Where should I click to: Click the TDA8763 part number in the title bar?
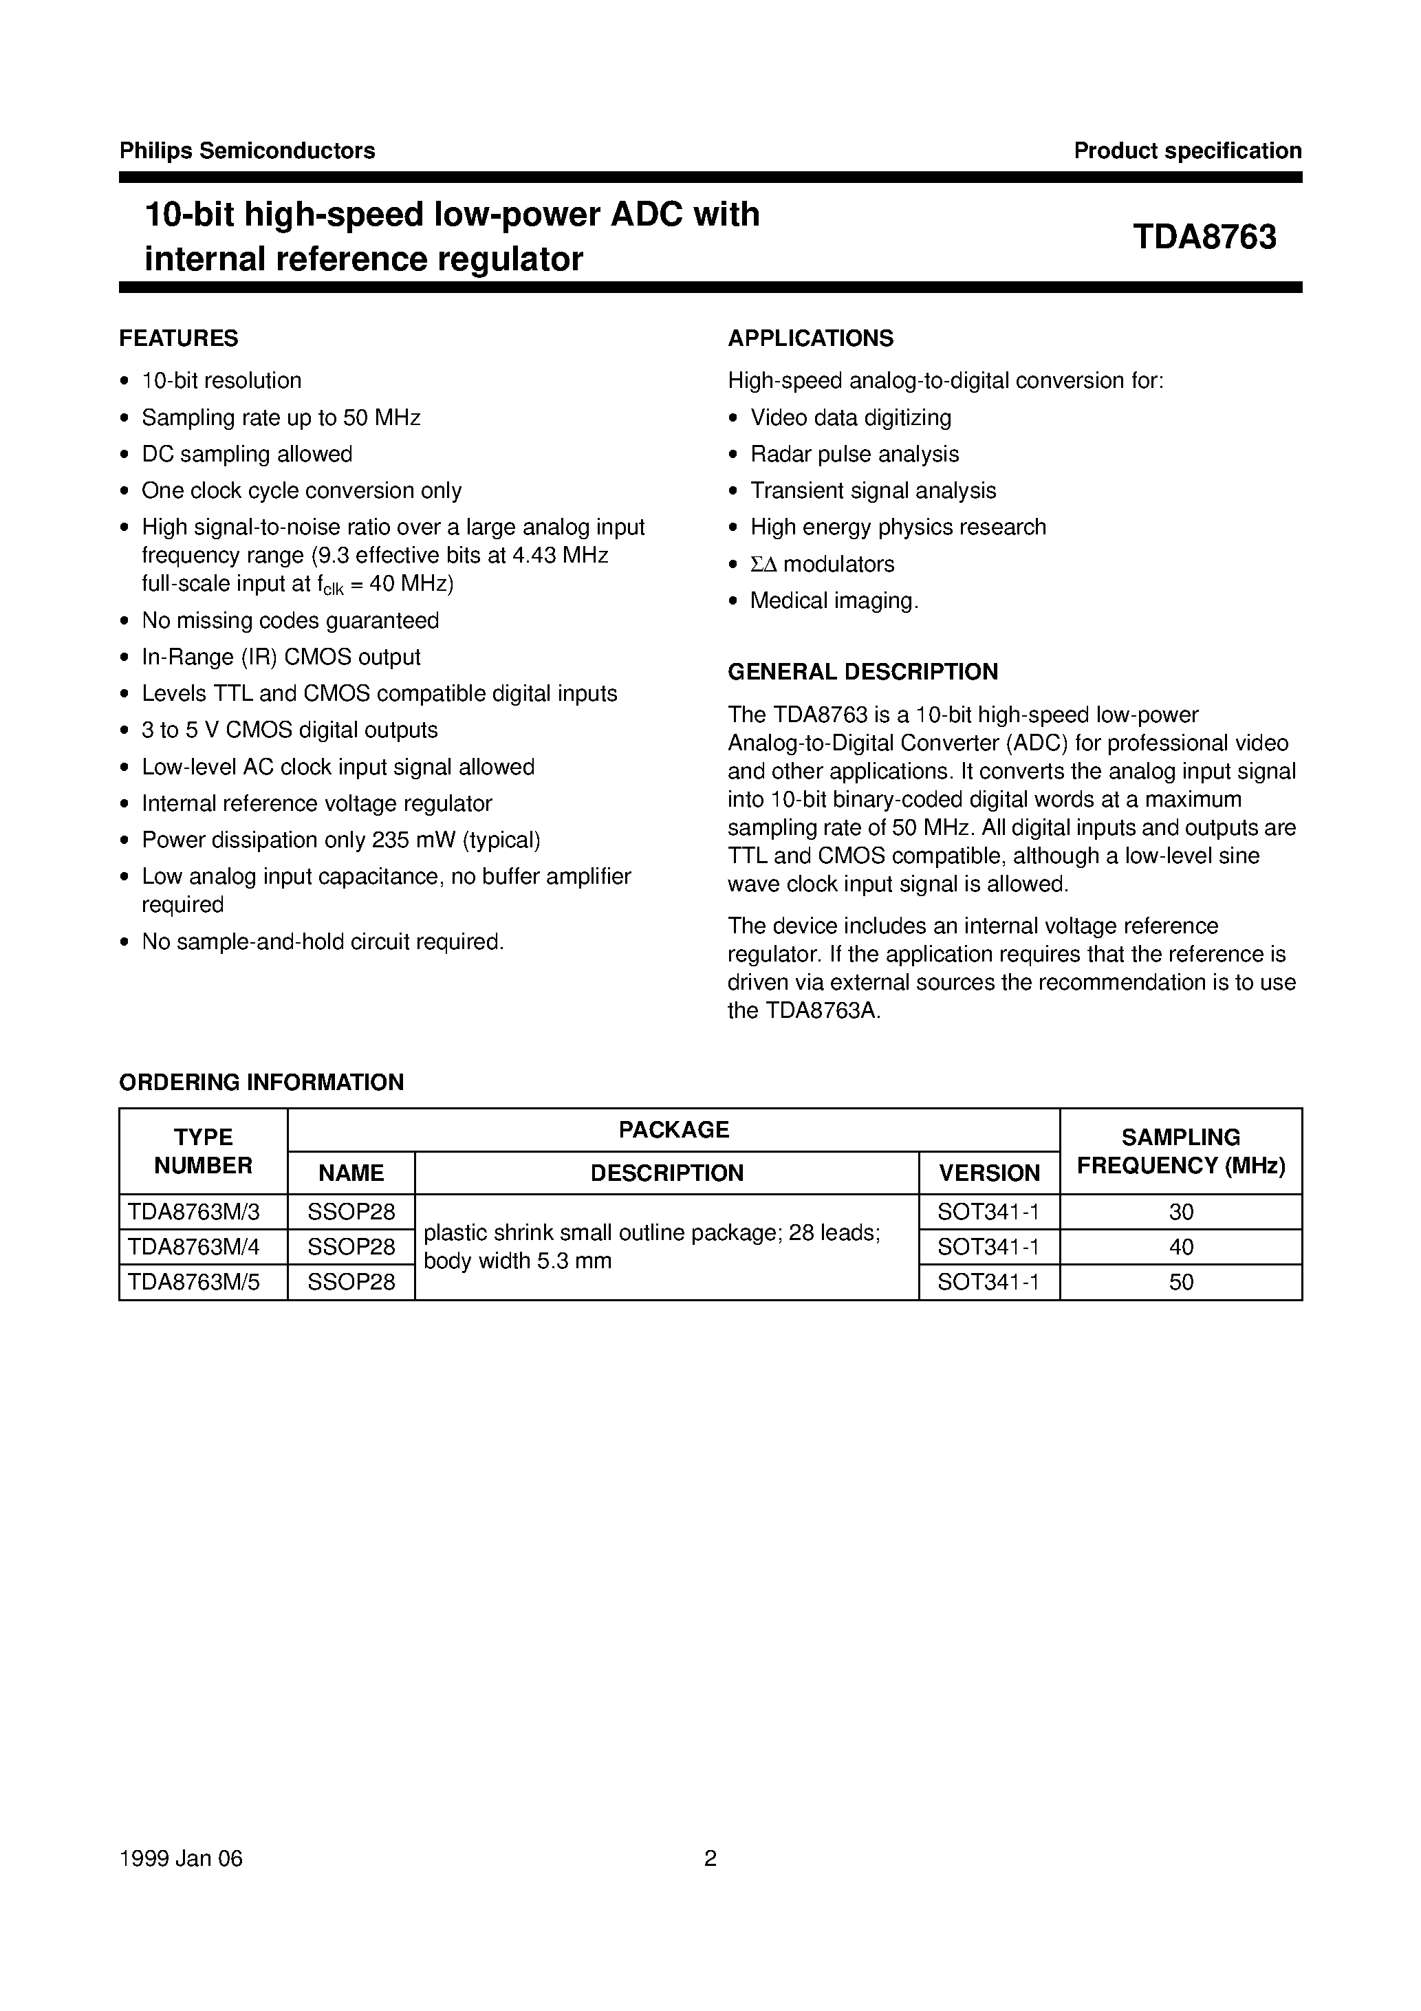(1204, 238)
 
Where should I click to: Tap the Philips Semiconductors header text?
(247, 151)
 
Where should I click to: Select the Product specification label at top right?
(1187, 151)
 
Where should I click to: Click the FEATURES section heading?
(179, 338)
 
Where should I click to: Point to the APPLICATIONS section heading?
(810, 338)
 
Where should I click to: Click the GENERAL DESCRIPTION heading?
(862, 672)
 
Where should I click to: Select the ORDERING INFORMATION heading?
(261, 1083)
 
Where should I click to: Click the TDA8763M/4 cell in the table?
(193, 1246)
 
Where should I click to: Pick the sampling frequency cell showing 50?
(1180, 1282)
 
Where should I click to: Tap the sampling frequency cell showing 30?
(1180, 1213)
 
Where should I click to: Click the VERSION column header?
(989, 1173)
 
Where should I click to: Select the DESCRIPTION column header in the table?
(666, 1173)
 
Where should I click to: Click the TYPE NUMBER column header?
(204, 1151)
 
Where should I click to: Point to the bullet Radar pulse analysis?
(854, 454)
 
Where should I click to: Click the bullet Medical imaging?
(834, 601)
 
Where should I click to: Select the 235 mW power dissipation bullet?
(340, 840)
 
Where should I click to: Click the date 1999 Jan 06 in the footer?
(182, 1858)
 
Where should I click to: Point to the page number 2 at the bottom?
(710, 1858)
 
